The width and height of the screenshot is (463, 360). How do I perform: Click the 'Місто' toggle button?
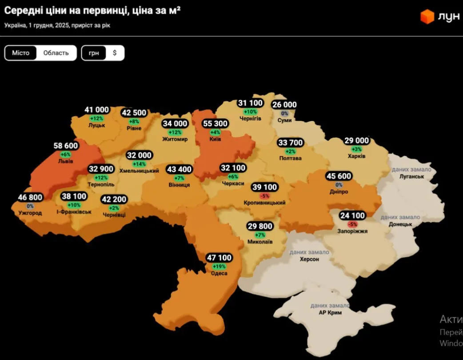pyautogui.click(x=21, y=53)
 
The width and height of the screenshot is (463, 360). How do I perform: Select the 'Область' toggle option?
pyautogui.click(x=56, y=53)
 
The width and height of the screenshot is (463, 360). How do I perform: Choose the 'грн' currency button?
pyautogui.click(x=94, y=53)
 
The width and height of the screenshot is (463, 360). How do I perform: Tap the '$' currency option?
pyautogui.click(x=115, y=53)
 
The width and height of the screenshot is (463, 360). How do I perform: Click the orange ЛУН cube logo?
pyautogui.click(x=427, y=17)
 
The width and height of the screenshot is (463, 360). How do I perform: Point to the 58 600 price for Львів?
pyautogui.click(x=65, y=146)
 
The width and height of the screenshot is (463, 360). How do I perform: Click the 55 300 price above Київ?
pyautogui.click(x=215, y=124)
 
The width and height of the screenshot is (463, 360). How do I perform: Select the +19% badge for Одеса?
pyautogui.click(x=220, y=266)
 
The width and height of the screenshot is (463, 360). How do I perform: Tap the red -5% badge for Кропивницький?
pyautogui.click(x=264, y=196)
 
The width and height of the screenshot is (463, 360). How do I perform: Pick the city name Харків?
pyautogui.click(x=357, y=156)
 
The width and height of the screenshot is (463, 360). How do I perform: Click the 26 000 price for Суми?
pyautogui.click(x=284, y=105)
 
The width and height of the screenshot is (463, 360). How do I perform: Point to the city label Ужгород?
pyautogui.click(x=30, y=213)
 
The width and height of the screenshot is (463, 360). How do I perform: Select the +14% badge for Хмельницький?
pyautogui.click(x=139, y=164)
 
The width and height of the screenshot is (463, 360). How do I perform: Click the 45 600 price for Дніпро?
pyautogui.click(x=339, y=176)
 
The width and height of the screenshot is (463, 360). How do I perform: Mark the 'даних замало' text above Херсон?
pyautogui.click(x=309, y=252)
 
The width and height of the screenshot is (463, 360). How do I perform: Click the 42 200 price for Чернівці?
pyautogui.click(x=114, y=200)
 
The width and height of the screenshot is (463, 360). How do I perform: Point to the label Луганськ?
pyautogui.click(x=411, y=176)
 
